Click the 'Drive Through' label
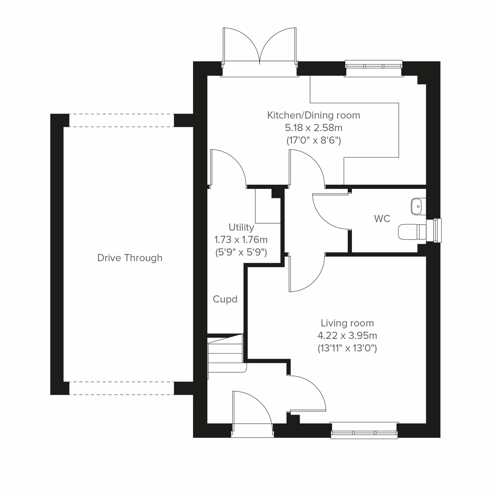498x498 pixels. [x=129, y=258]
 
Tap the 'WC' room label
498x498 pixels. [x=382, y=219]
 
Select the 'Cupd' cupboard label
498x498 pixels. [x=225, y=299]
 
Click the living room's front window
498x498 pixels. [x=364, y=430]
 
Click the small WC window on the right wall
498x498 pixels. [x=437, y=229]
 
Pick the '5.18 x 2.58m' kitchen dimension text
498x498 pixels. [x=313, y=128]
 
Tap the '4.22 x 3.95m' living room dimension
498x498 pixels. [x=347, y=335]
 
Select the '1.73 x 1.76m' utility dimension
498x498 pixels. [x=241, y=239]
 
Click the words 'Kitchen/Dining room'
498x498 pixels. [x=313, y=115]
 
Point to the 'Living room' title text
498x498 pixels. [x=347, y=323]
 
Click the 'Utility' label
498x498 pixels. [x=241, y=227]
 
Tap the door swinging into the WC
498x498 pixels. [x=330, y=212]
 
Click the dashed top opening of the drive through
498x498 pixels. [x=121, y=120]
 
